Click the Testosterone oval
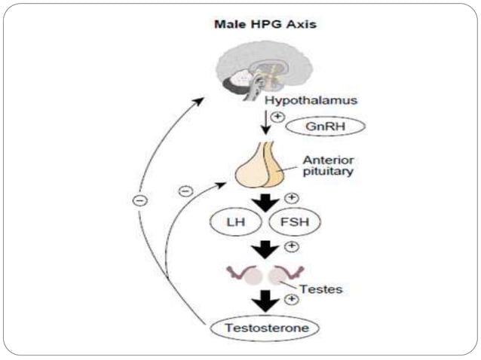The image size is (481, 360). pyautogui.click(x=261, y=328)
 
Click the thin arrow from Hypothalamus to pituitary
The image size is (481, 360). pyautogui.click(x=265, y=123)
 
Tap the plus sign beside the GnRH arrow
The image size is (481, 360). pyautogui.click(x=278, y=117)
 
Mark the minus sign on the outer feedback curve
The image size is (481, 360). pyautogui.click(x=140, y=200)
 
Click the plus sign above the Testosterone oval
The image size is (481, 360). pyautogui.click(x=292, y=299)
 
